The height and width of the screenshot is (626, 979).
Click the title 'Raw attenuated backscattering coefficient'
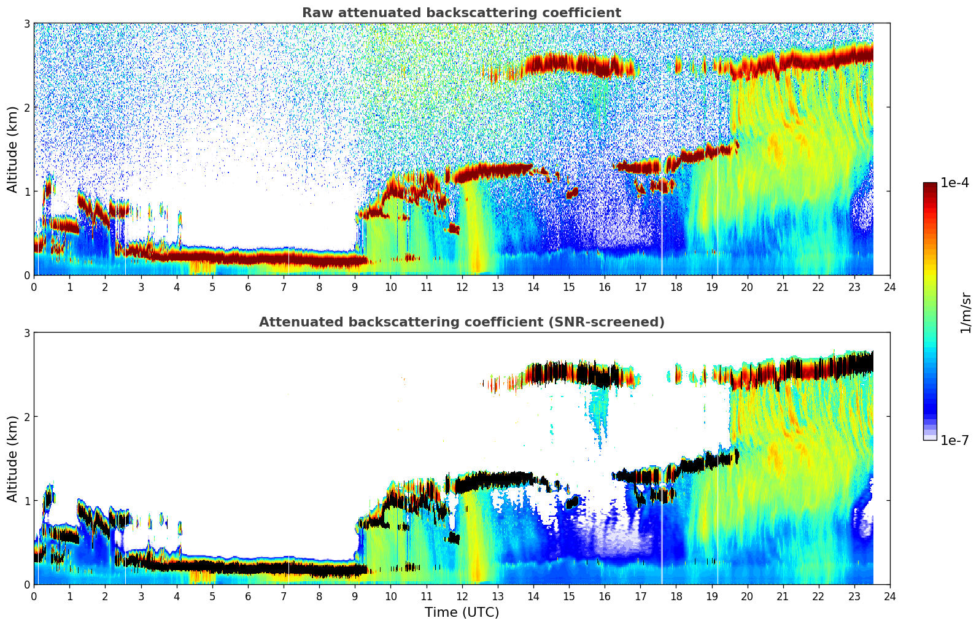tap(461, 13)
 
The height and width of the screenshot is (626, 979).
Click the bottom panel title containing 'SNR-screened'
tap(461, 322)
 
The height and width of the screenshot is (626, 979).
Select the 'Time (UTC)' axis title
tap(462, 612)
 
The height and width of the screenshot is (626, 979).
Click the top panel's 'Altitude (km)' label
tap(12, 149)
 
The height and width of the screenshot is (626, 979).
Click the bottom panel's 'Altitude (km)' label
tap(12, 458)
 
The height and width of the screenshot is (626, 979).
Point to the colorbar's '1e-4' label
tap(954, 183)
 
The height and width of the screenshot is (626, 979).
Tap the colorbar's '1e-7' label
tap(954, 440)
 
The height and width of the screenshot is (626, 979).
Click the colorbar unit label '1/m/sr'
tap(965, 312)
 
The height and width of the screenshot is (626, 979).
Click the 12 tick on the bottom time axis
tap(462, 596)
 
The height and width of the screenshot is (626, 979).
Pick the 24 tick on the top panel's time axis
tap(889, 287)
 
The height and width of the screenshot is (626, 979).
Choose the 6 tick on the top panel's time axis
tap(248, 287)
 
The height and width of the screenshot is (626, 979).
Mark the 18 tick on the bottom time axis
tap(676, 596)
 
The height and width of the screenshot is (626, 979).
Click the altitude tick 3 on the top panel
tap(26, 23)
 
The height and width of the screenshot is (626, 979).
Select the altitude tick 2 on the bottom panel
tap(26, 417)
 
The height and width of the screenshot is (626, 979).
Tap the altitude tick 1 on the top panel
tap(26, 191)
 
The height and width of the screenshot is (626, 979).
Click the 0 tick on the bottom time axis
tap(34, 596)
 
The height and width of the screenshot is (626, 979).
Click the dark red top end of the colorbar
tap(929, 185)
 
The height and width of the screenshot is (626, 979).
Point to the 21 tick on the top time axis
tap(783, 287)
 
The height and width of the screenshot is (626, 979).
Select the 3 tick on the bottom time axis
tap(141, 596)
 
